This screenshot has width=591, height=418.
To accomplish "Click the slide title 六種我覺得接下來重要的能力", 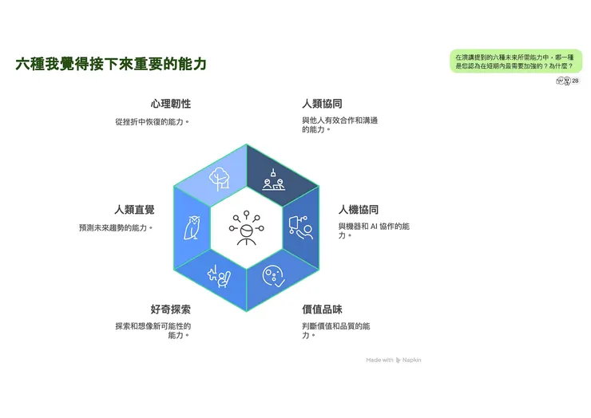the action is [111, 64].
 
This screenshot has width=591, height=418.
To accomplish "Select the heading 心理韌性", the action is [171, 104].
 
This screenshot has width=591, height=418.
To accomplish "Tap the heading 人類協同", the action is [323, 104].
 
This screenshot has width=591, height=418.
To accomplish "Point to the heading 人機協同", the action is [359, 209].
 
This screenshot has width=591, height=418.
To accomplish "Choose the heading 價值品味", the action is [323, 310].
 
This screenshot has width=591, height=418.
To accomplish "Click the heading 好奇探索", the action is [171, 310].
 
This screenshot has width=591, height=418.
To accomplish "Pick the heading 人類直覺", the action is [134, 209].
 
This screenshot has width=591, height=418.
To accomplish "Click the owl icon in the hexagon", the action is [192, 227].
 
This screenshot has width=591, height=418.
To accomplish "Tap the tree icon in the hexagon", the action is [220, 179].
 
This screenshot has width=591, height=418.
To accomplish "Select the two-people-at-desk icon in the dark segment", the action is [274, 180].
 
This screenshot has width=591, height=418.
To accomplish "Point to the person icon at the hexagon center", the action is [247, 228].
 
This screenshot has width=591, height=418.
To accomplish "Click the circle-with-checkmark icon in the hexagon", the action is [274, 277].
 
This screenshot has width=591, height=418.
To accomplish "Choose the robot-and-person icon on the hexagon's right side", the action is [301, 227].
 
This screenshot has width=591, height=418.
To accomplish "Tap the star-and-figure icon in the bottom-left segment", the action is [220, 277].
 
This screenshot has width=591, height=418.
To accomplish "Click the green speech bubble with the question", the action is [516, 61].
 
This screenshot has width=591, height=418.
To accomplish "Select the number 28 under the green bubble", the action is [575, 81].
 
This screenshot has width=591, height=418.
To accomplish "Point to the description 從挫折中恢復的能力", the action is [152, 122].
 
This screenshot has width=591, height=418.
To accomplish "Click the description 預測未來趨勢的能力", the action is [116, 228].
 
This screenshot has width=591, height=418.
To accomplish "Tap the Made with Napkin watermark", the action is [394, 360].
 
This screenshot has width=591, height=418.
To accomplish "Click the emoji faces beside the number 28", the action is [564, 81].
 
